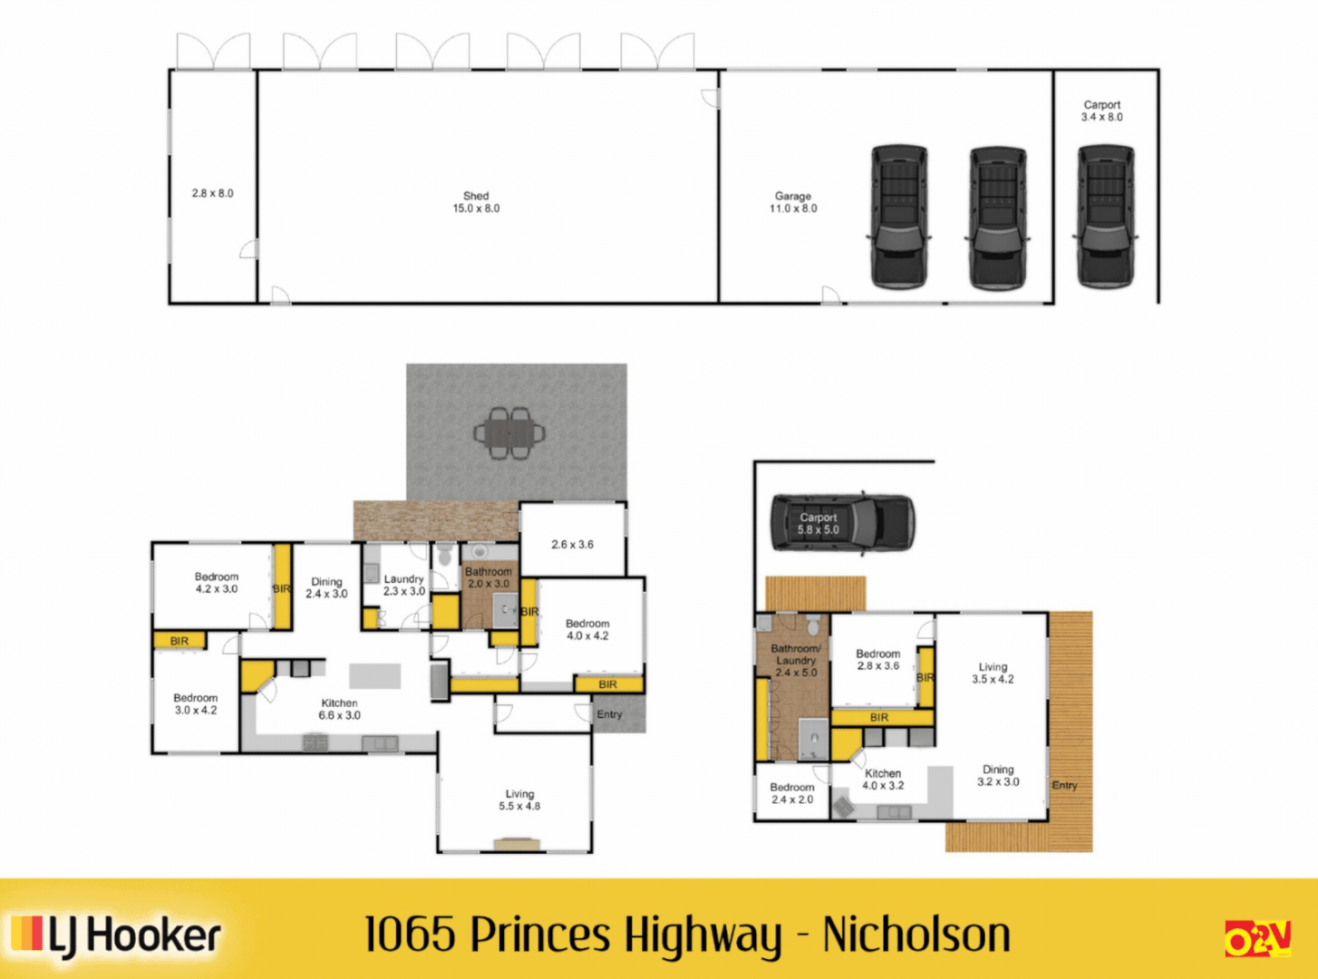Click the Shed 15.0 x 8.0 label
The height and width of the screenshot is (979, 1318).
[x=476, y=202]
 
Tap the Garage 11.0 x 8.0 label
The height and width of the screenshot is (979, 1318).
[x=793, y=202]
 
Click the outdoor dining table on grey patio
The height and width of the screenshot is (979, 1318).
[x=509, y=433]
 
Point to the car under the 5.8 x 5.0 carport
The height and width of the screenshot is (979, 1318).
[x=842, y=523]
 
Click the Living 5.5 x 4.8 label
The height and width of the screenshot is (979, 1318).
[x=519, y=800]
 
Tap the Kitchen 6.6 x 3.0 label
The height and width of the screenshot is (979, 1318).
[x=339, y=709]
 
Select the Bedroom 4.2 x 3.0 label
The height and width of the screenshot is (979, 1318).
[x=217, y=583]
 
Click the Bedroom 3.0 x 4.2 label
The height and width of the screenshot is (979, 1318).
[x=196, y=704]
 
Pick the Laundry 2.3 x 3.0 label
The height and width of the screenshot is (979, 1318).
[x=403, y=585]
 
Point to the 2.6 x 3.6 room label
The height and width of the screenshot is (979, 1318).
[x=572, y=545]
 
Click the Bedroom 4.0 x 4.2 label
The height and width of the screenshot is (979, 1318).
[x=587, y=629]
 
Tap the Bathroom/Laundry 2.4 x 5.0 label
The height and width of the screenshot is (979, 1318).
[x=795, y=660]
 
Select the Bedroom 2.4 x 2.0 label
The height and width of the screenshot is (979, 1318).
[x=792, y=793]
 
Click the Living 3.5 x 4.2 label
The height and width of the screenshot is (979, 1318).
[x=993, y=673]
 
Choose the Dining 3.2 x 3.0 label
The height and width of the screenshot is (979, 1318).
[x=997, y=775]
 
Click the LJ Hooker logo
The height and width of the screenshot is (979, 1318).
[x=117, y=935]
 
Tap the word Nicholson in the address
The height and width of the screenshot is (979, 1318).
[x=916, y=935]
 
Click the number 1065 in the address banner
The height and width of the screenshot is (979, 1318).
[x=409, y=935]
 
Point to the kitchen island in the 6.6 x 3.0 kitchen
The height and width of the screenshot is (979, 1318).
[x=375, y=676]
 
